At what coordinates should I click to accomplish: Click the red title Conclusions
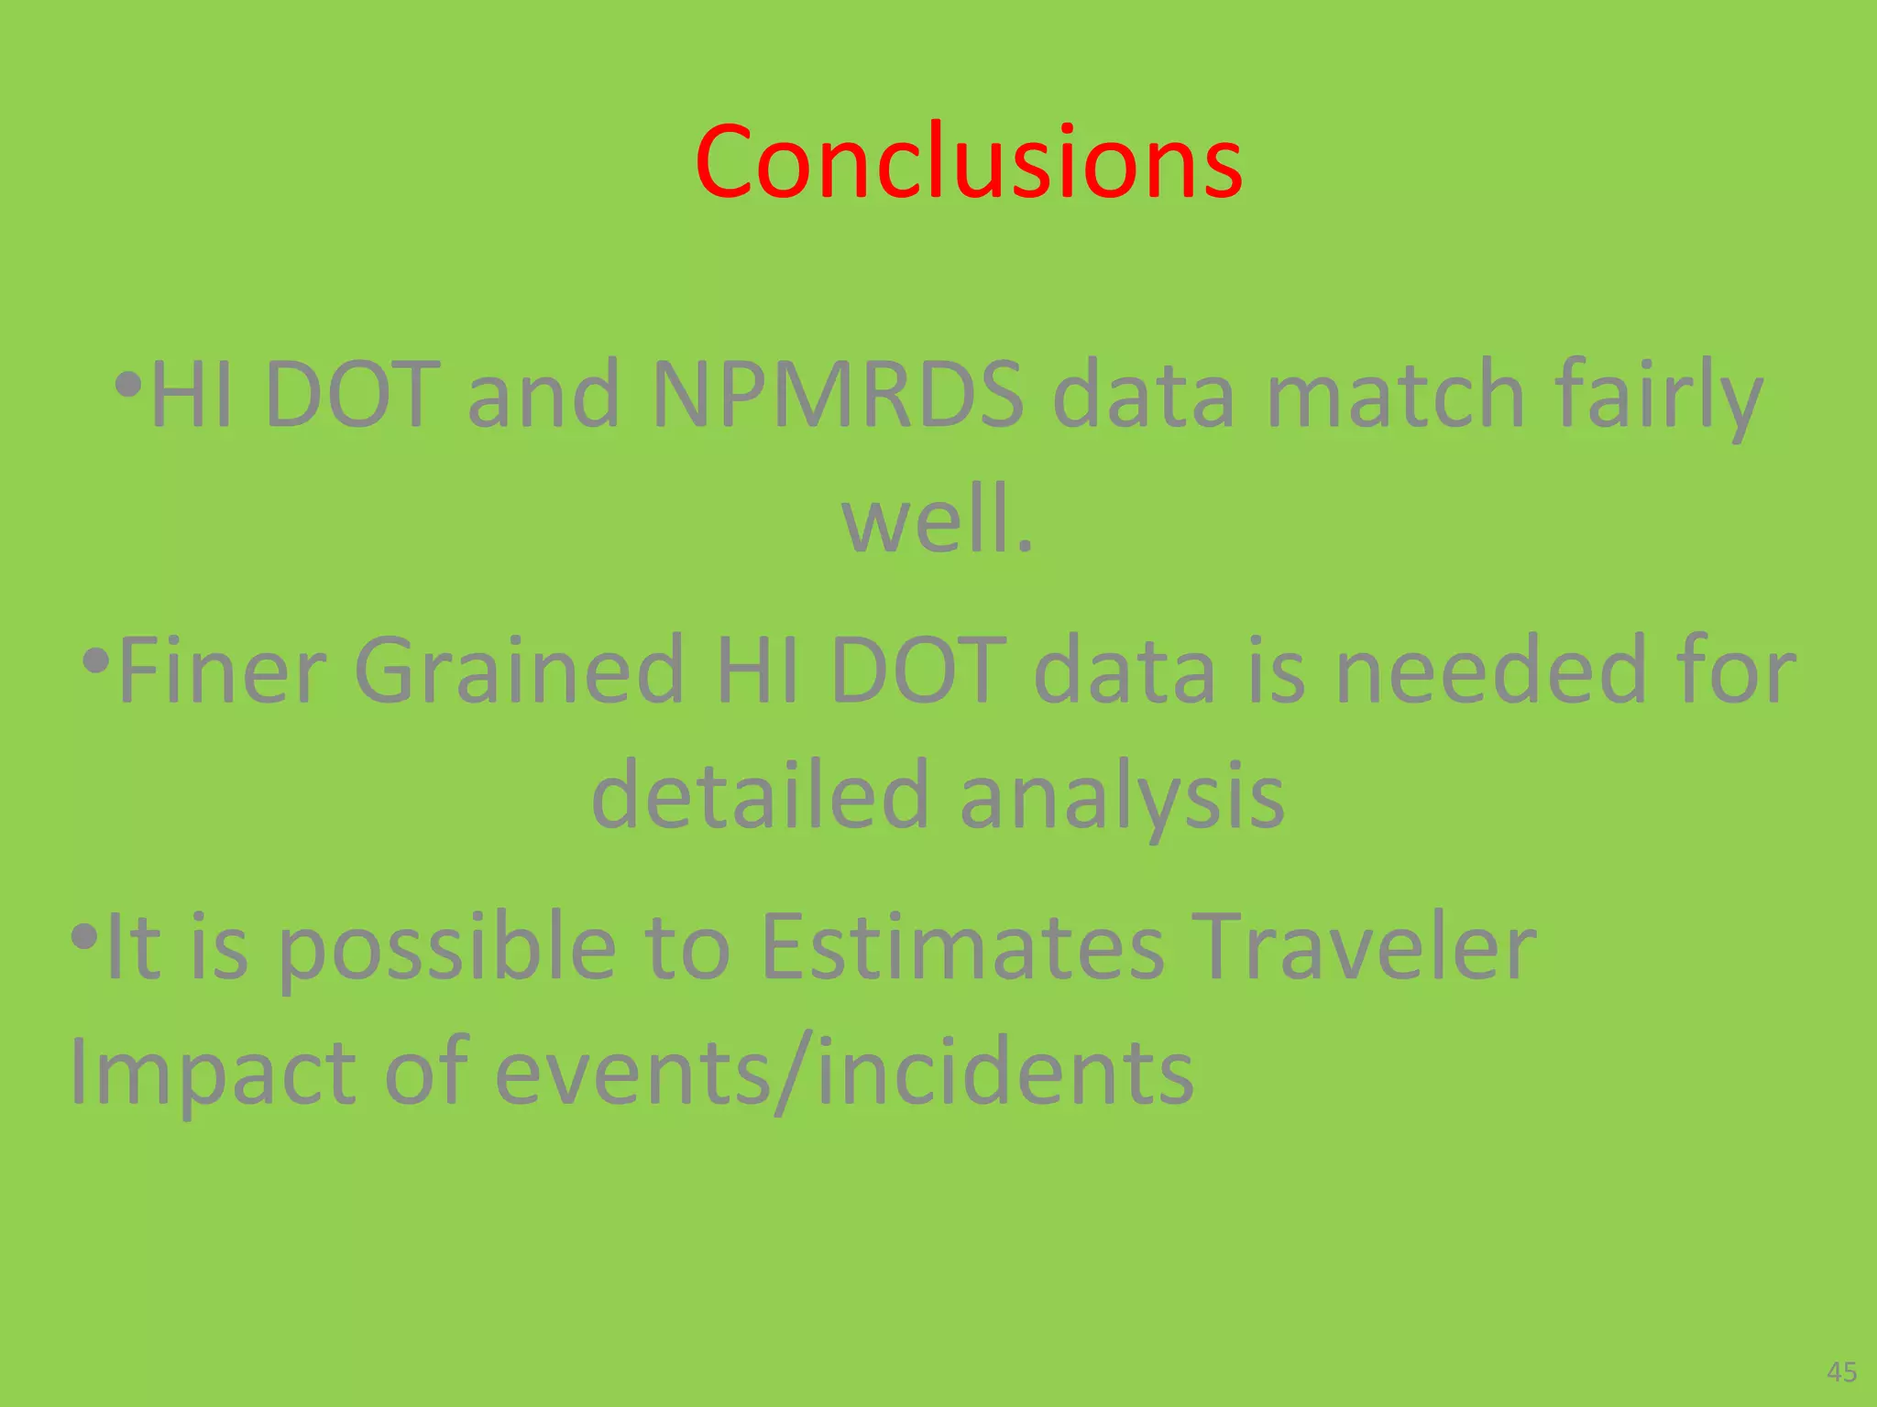pos(968,162)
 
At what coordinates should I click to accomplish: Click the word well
pos(937,520)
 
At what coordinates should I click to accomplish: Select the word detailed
pos(760,796)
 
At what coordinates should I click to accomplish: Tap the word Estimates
pos(962,948)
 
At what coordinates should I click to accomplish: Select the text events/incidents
pos(844,1072)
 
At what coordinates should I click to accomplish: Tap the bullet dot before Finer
pos(96,660)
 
